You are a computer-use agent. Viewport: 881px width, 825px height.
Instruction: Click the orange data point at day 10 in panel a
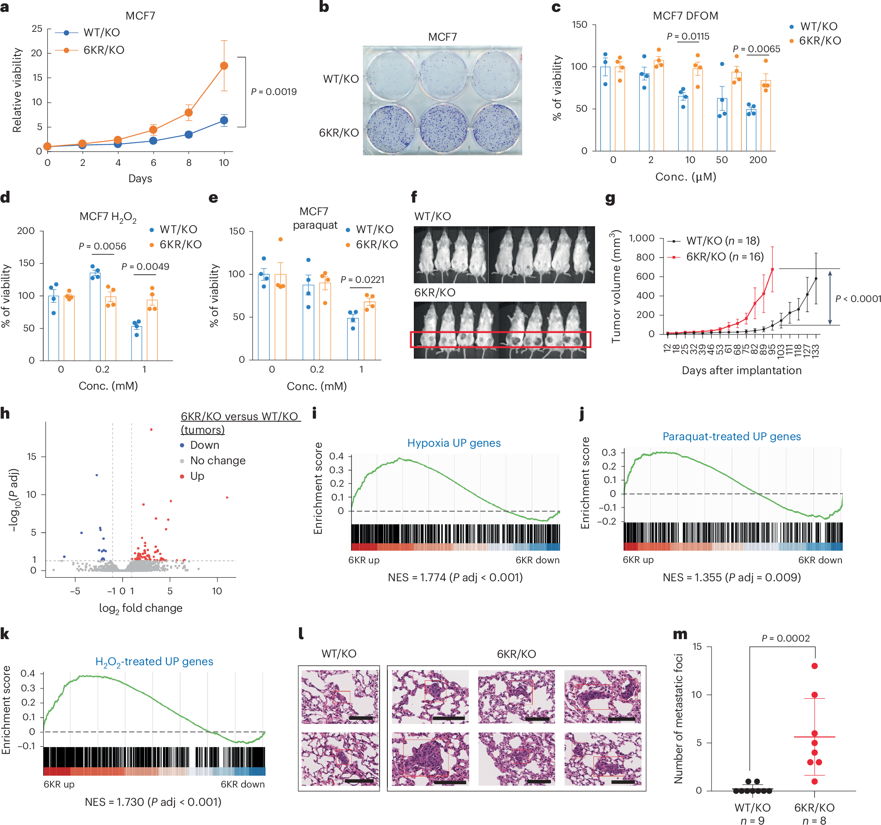[224, 66]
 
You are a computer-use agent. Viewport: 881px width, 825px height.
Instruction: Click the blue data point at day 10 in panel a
[224, 120]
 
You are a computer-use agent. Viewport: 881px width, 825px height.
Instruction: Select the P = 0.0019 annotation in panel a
[273, 92]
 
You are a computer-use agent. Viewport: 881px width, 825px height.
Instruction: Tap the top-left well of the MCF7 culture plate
[390, 75]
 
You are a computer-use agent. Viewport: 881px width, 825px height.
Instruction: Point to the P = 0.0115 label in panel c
[688, 36]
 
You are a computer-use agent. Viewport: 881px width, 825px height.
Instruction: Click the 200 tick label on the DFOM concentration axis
[758, 160]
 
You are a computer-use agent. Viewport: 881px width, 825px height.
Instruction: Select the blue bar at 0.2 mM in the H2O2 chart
[95, 317]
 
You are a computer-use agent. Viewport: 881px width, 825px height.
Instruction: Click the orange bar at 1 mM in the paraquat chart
[369, 331]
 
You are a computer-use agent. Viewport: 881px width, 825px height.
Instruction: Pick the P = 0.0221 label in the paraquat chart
[362, 280]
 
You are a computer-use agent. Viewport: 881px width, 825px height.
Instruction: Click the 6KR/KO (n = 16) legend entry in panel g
[725, 257]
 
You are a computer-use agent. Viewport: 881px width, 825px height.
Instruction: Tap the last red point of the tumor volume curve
[772, 270]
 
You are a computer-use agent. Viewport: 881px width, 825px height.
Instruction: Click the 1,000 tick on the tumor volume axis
[642, 238]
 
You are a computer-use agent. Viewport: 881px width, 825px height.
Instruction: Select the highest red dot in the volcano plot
[152, 429]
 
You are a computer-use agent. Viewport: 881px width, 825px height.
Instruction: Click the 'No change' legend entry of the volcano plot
[218, 461]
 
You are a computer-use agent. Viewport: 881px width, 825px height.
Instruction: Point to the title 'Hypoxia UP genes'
[454, 443]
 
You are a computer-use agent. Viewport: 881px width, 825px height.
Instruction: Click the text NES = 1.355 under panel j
[731, 578]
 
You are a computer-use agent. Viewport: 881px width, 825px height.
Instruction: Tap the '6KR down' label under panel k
[242, 784]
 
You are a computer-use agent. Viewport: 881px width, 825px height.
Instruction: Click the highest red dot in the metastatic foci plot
[815, 666]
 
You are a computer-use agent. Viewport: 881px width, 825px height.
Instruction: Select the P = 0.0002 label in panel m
[785, 638]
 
